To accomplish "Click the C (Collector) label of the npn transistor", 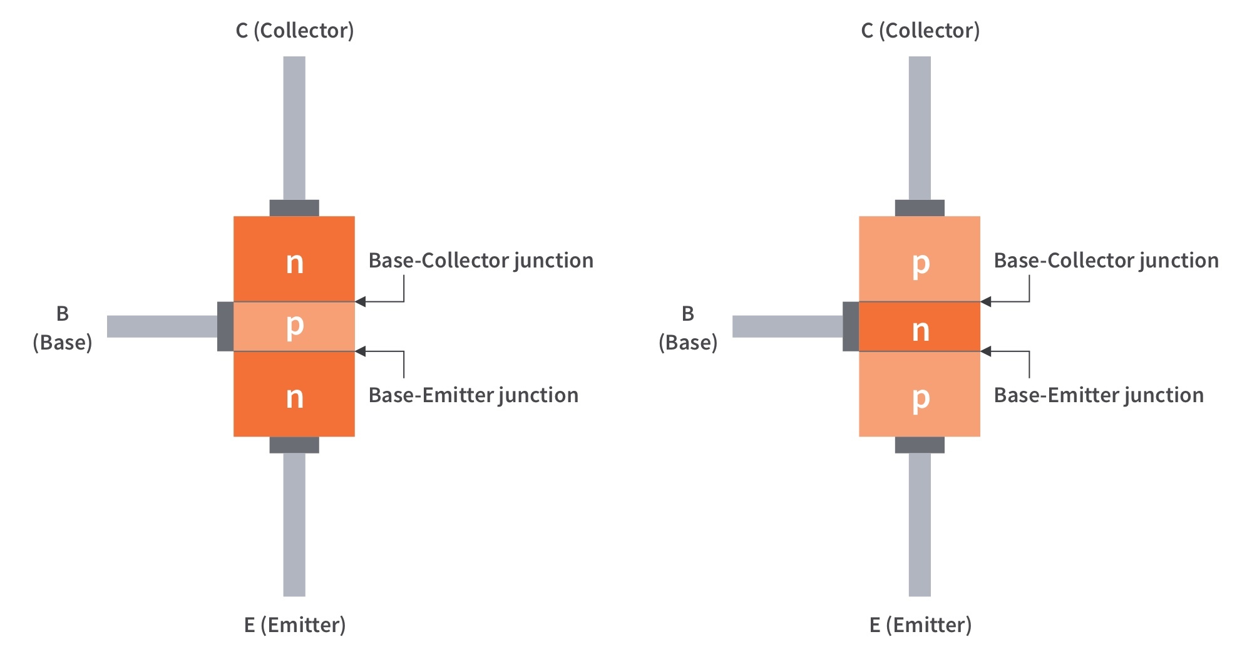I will pos(294,30).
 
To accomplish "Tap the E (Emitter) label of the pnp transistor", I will pos(920,625).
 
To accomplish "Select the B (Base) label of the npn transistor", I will pos(63,328).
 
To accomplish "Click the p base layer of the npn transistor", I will pos(294,326).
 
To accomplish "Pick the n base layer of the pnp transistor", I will pos(920,326).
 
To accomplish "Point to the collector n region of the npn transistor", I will pos(294,258).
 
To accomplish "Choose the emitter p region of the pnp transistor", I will pos(920,394).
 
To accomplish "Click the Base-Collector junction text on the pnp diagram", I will pos(1106,260).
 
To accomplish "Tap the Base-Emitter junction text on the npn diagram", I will pos(473,395).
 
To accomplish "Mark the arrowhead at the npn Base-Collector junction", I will pos(360,302).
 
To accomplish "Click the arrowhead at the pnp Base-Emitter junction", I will pos(985,351).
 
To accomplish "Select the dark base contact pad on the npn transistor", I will pos(225,326).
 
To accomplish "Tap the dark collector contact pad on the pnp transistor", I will pos(920,208).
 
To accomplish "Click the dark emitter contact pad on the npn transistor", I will pos(294,445).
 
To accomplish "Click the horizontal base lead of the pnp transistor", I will pos(788,326).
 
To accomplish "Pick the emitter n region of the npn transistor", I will pos(294,394).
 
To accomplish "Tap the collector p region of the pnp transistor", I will pos(920,258).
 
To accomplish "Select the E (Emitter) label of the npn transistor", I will pos(294,625).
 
